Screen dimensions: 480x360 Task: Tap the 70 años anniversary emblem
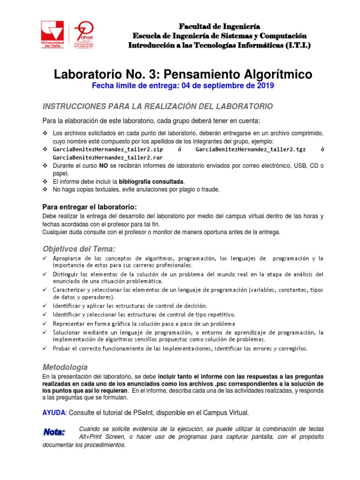coord(85,34)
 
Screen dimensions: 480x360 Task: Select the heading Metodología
coord(65,367)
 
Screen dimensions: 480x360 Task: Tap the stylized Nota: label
coord(55,431)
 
